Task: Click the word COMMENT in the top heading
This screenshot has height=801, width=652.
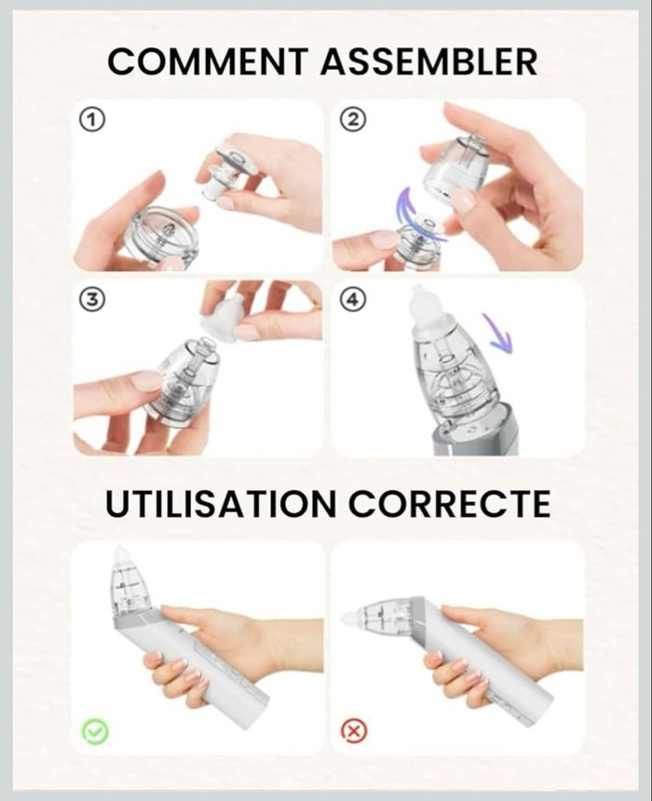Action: pos(208,61)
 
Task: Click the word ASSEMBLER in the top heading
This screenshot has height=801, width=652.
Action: pos(429,61)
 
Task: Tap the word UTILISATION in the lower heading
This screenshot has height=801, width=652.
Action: pos(221,504)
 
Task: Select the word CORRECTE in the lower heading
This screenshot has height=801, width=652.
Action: pos(449,504)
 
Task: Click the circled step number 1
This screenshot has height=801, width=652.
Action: pos(92,119)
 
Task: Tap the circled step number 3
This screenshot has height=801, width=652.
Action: pos(92,300)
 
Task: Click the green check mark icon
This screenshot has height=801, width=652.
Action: pos(95,731)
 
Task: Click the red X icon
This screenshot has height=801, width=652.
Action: pos(354,731)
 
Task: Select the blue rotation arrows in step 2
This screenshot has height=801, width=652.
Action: pos(419,213)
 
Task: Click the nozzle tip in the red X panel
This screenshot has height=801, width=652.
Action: pos(351,619)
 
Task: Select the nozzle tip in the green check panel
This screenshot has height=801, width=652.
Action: pos(119,555)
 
